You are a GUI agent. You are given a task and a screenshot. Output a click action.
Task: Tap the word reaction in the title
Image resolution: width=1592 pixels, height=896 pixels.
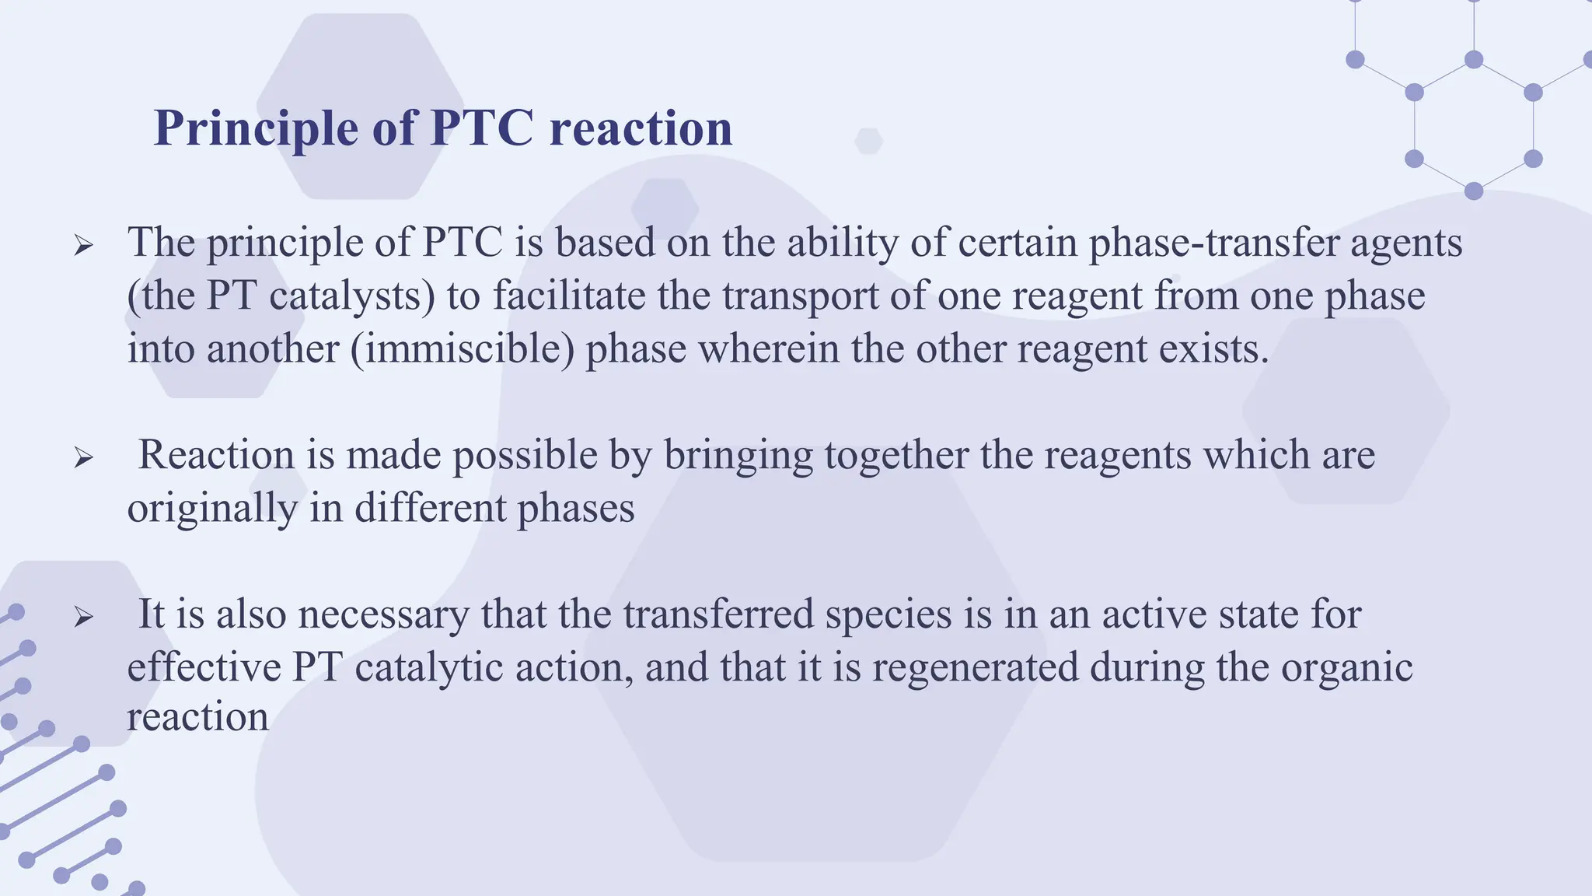point(641,128)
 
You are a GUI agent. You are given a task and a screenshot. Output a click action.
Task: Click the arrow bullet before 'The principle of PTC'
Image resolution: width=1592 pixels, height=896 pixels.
point(83,247)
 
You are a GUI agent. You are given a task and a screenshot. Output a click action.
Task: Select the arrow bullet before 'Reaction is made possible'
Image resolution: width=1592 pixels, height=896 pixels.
point(83,458)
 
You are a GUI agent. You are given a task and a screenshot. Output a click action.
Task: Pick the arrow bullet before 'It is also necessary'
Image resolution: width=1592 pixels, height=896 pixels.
point(83,618)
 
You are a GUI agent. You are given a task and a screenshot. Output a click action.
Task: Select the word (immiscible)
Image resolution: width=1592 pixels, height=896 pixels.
point(462,349)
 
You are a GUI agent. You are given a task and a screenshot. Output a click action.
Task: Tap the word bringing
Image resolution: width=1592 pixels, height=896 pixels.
point(738,457)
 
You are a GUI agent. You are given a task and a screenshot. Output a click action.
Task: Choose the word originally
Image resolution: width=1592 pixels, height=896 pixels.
point(212,509)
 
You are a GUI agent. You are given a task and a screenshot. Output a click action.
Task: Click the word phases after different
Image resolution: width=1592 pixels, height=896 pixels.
point(575,509)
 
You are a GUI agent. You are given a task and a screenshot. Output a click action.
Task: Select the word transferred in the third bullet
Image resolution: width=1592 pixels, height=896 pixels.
point(718,614)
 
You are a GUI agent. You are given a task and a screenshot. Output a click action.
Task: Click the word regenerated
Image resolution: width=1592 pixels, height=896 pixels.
point(975,668)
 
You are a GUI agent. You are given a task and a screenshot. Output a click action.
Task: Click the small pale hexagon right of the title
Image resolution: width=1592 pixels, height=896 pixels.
point(868,142)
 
